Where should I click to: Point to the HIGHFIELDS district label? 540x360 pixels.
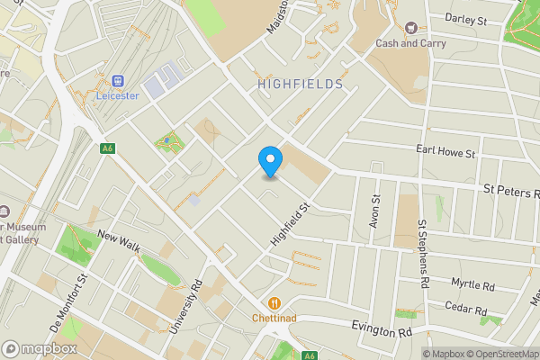tap(301, 84)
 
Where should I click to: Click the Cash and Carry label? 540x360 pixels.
tap(411, 43)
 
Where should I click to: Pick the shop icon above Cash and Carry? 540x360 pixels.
tap(411, 27)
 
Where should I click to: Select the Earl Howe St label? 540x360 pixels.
tap(445, 151)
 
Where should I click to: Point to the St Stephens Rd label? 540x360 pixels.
tap(421, 255)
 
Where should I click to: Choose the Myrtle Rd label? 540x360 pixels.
tap(473, 285)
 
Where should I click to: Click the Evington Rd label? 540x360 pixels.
tap(388, 331)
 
